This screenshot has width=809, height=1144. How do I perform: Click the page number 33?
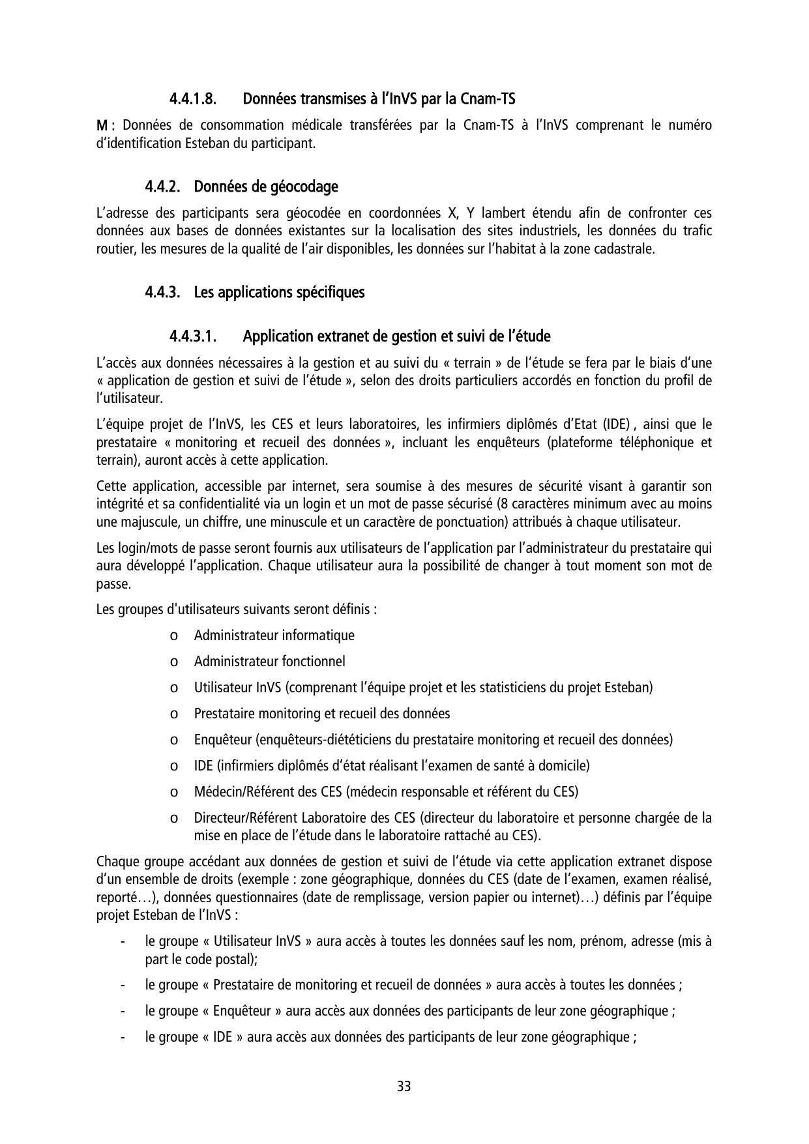tap(404, 1087)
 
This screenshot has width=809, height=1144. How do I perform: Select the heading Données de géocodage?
tap(266, 186)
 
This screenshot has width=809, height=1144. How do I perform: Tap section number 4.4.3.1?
tap(193, 336)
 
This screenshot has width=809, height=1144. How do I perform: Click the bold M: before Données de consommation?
tap(106, 125)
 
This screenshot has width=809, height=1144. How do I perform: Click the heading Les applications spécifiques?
tap(279, 292)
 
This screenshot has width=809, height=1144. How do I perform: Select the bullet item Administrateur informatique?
tap(274, 635)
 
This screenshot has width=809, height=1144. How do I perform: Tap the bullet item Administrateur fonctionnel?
tap(269, 661)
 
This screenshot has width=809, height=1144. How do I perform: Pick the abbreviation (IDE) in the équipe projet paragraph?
tap(616, 425)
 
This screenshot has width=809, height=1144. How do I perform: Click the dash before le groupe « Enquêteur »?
tap(123, 1011)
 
